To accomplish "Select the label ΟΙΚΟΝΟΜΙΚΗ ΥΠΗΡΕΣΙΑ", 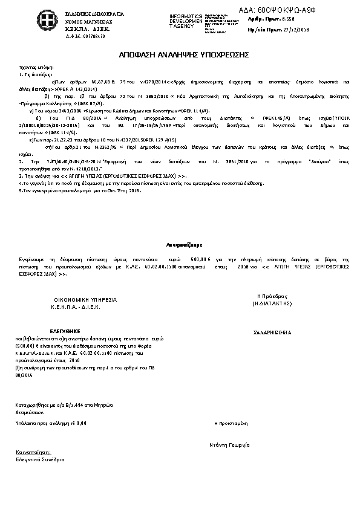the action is pos(85,300).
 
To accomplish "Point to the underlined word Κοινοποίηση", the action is pos(34,452).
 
